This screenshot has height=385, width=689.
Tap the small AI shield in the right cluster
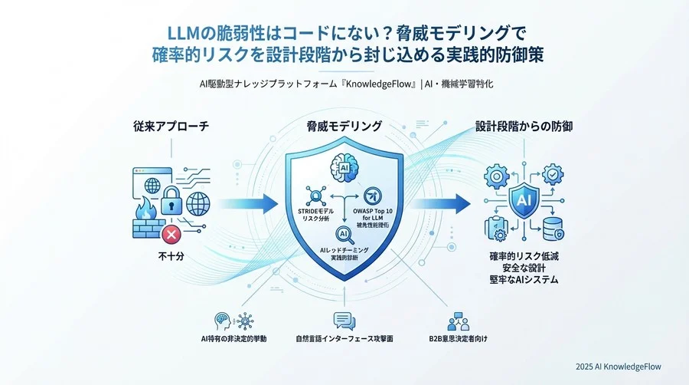524,199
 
